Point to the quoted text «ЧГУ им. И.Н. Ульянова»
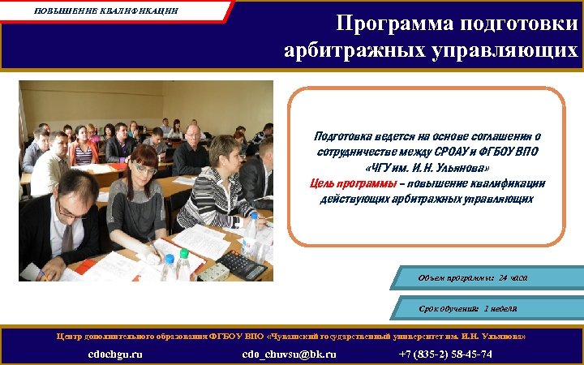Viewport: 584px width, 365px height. tap(427, 167)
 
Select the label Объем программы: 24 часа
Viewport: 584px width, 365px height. tap(473, 278)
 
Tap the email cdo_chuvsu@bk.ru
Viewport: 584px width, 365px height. tap(290, 354)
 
